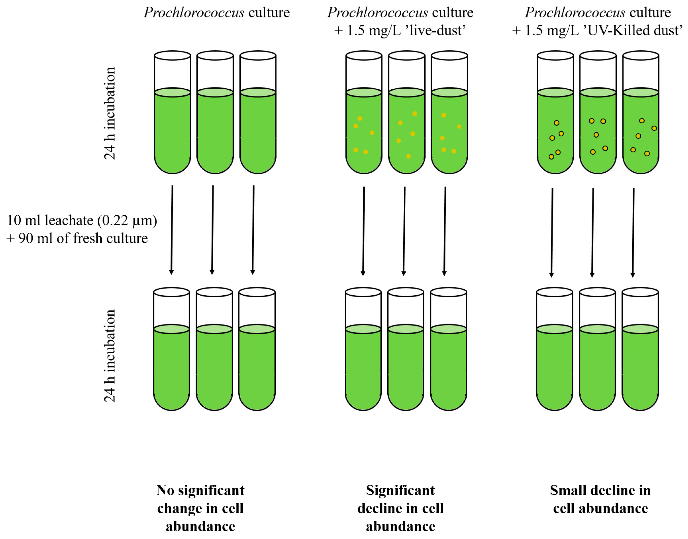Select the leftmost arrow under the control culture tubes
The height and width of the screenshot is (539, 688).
172,230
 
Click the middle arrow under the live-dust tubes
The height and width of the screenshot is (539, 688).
404,231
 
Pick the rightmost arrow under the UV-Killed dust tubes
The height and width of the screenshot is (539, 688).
633,233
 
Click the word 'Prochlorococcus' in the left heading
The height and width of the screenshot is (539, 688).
194,13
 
